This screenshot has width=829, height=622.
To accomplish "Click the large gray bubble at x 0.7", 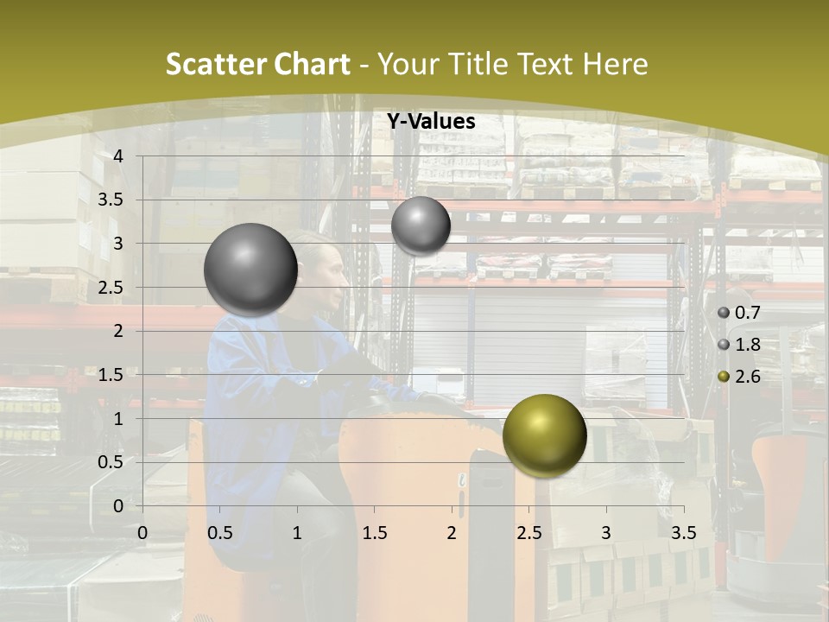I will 251,270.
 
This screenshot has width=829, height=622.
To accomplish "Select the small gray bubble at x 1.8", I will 421,225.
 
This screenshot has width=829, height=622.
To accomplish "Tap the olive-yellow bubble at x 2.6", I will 544,435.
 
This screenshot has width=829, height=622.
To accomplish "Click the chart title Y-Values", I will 431,122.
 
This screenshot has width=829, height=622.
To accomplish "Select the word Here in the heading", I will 616,64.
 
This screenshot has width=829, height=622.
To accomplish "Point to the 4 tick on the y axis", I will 118,156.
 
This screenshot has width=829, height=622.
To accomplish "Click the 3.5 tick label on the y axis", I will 111,200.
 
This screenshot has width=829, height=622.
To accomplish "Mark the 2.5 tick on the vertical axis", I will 111,288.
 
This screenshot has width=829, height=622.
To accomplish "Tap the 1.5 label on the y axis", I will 111,375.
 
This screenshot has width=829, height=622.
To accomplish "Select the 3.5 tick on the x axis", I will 683,533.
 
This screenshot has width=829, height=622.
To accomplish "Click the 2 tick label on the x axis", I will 452,533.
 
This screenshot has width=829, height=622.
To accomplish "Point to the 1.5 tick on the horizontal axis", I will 374,533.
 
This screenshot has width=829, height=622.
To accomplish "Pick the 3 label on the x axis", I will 606,533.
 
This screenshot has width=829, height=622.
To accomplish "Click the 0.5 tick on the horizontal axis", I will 219,533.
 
